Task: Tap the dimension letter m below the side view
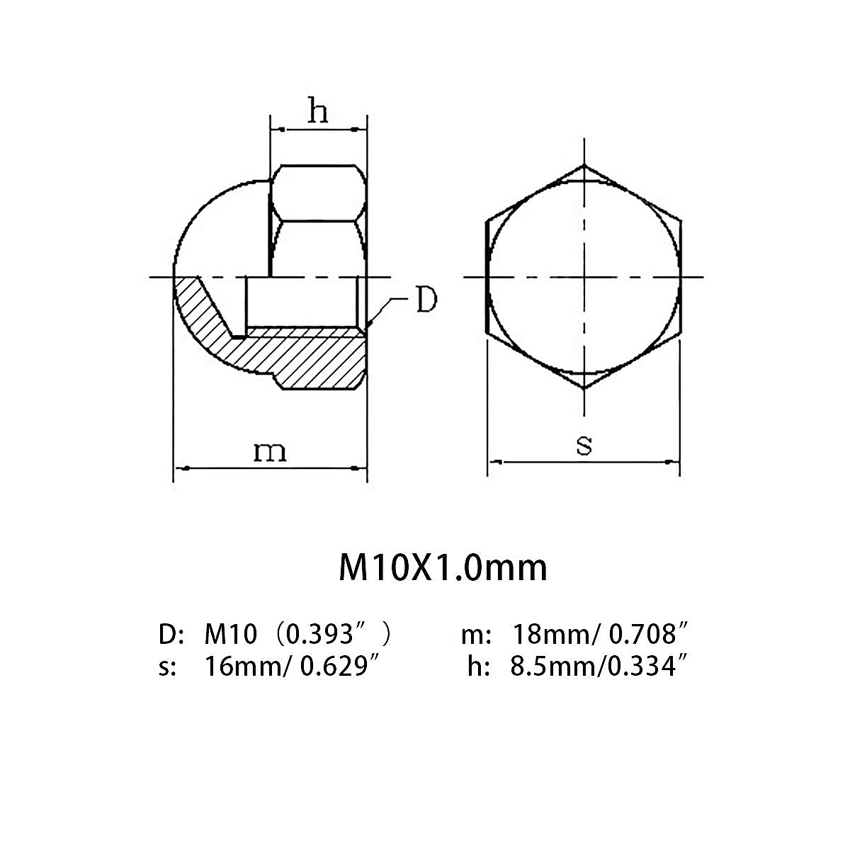270,452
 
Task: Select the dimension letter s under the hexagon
584,446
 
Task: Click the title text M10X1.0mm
443,569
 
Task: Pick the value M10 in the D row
231,634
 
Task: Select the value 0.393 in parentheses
319,634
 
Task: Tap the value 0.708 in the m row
642,634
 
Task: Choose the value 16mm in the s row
244,667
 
